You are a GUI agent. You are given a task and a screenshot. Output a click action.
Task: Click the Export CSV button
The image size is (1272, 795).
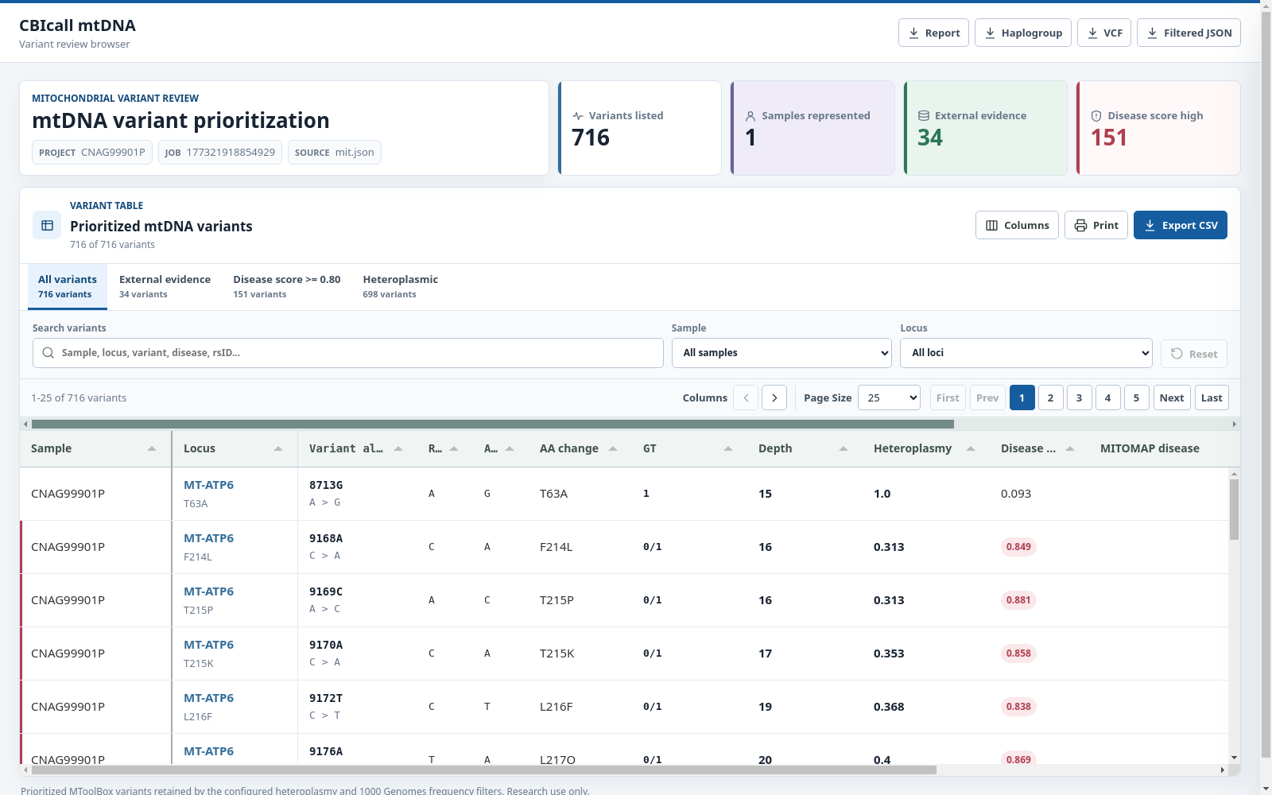tap(1180, 225)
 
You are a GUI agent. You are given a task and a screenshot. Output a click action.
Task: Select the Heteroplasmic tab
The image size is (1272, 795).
tap(401, 286)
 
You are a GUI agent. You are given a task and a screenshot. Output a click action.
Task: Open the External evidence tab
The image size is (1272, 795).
tap(165, 286)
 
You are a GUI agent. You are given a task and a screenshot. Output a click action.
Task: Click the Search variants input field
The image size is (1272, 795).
tap(347, 353)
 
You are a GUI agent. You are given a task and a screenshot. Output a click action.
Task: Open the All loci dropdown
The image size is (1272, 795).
tap(1026, 353)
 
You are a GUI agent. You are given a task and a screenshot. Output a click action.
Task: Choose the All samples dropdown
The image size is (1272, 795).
tap(781, 353)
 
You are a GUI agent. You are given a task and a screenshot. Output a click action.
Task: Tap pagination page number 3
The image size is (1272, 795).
tap(1079, 397)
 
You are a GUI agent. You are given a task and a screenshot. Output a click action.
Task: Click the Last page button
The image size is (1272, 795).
tap(1212, 397)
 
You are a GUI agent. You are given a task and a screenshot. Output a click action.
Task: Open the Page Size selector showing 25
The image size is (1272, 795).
tap(889, 397)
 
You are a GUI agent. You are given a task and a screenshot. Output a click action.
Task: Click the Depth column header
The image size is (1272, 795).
tap(774, 448)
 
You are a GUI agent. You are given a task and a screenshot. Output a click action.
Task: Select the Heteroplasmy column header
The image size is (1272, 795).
tap(912, 448)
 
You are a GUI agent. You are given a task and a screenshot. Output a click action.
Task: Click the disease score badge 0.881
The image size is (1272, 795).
tap(1018, 599)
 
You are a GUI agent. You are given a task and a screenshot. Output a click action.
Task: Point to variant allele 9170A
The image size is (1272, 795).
tap(325, 645)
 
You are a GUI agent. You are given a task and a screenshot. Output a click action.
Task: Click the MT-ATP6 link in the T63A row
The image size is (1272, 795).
tap(208, 485)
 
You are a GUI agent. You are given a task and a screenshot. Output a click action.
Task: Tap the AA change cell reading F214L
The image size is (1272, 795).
tap(556, 547)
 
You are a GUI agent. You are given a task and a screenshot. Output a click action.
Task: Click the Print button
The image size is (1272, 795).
tap(1096, 225)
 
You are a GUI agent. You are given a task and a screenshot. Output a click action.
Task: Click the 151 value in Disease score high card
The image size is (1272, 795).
tap(1108, 138)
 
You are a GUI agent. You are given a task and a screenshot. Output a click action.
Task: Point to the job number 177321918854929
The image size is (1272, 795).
tap(231, 152)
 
